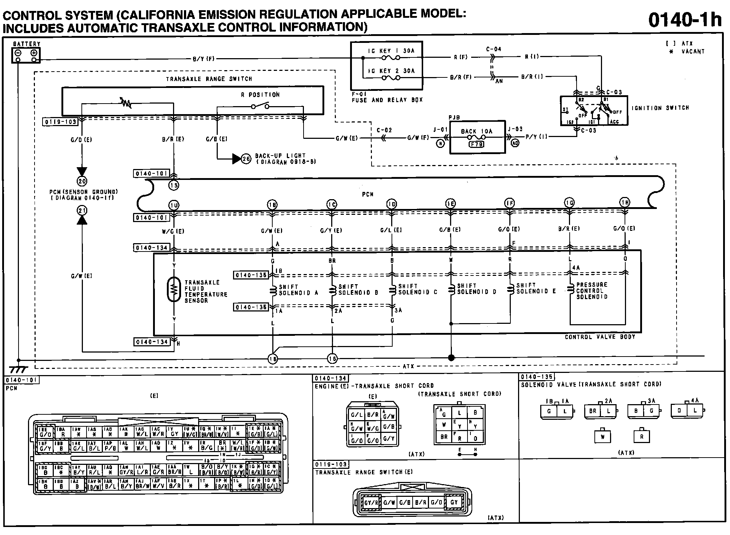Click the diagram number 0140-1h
point(685,20)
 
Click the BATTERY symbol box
point(26,56)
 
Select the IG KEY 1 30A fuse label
point(391,51)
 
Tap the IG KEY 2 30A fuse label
point(391,71)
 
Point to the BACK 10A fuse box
point(477,137)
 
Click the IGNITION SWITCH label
point(660,108)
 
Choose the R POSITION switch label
point(260,95)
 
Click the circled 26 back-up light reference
point(246,159)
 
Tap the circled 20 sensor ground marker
point(82,181)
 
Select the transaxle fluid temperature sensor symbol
point(174,289)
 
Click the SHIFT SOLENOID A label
point(298,290)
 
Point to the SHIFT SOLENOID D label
point(477,289)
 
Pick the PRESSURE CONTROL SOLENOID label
point(592,291)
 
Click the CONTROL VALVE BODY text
point(600,337)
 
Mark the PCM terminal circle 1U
point(174,206)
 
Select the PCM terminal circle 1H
point(625,203)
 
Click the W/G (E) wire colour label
point(173,231)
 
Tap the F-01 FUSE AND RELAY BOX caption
point(387,97)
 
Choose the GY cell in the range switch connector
point(454,502)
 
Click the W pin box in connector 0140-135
point(602,437)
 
